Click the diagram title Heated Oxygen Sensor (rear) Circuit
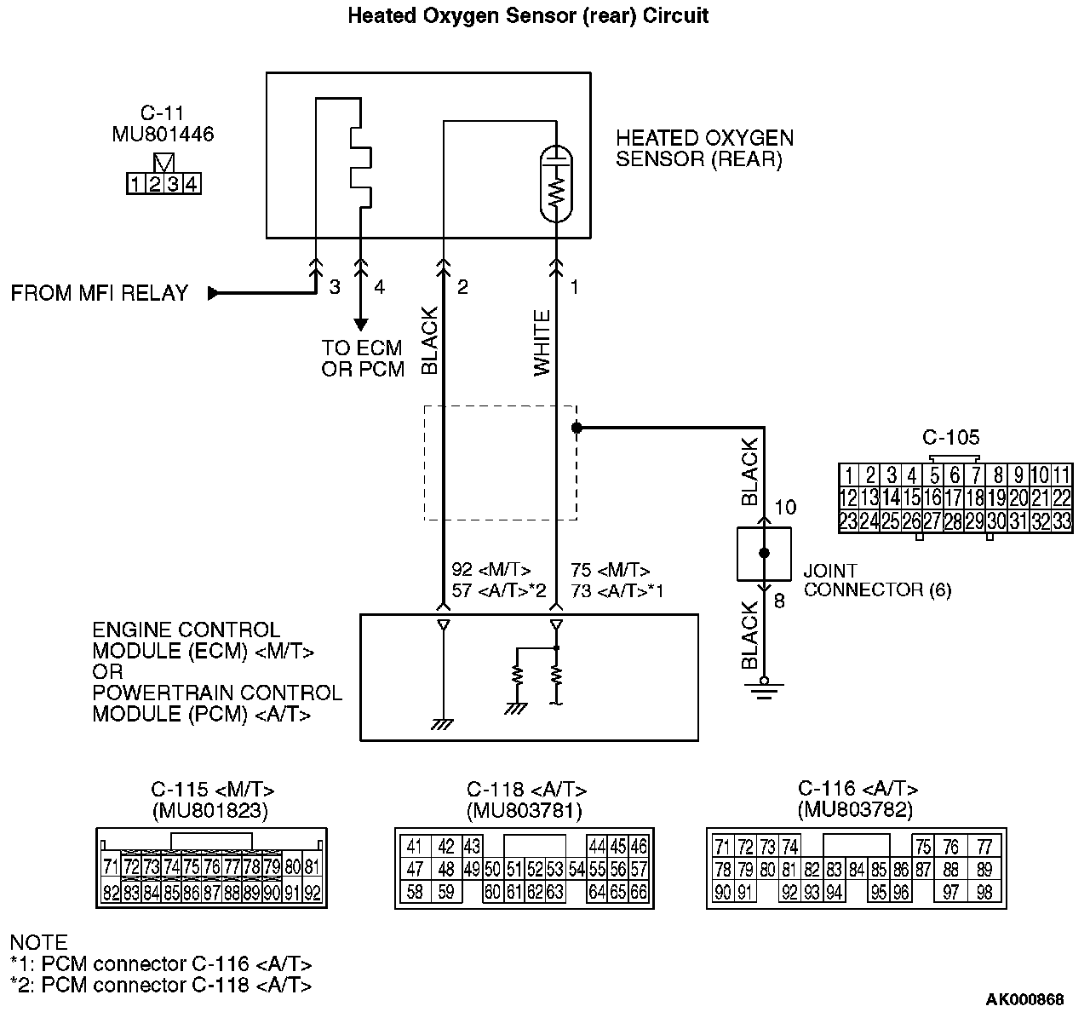(528, 15)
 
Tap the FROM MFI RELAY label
(99, 293)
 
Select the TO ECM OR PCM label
(363, 359)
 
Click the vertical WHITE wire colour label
(542, 342)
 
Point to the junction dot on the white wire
(577, 428)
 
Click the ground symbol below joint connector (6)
(764, 687)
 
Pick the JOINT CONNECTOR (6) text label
(877, 580)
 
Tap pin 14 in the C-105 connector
(891, 498)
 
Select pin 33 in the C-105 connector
(1061, 520)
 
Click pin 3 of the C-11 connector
(173, 183)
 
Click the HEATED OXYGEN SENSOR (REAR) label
(704, 148)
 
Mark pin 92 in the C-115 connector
(313, 893)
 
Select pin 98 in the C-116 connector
(984, 892)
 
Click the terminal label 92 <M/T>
(491, 570)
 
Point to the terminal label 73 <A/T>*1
(617, 590)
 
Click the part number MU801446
(163, 134)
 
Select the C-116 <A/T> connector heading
(858, 789)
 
